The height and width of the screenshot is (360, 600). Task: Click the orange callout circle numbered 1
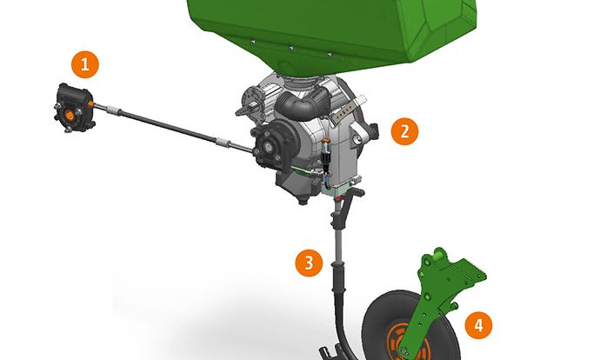tap(85, 64)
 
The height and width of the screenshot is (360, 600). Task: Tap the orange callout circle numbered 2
tap(404, 131)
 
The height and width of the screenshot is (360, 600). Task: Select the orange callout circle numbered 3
tap(309, 263)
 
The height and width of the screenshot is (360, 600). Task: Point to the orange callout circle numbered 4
tap(478, 325)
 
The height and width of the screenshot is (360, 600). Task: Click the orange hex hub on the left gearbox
tap(69, 115)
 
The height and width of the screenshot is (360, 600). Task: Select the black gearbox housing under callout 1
tap(74, 108)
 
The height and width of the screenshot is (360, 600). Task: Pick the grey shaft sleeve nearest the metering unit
tap(223, 143)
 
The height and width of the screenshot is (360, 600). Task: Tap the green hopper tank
tap(332, 30)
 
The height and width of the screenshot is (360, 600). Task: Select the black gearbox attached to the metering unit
tap(274, 145)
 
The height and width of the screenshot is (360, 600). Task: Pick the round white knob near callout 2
tap(357, 140)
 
